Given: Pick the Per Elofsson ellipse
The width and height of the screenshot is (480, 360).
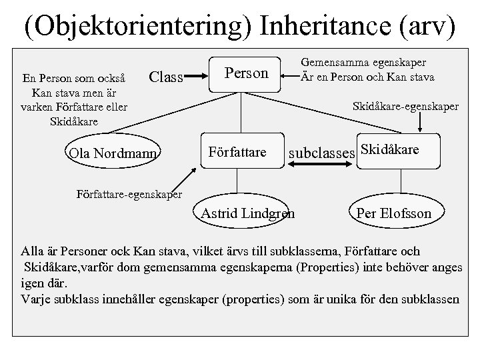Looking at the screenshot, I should [394, 213].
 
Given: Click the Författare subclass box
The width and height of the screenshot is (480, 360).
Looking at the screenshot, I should [238, 153].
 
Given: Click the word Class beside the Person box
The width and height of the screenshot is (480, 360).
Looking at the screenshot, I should [165, 77].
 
